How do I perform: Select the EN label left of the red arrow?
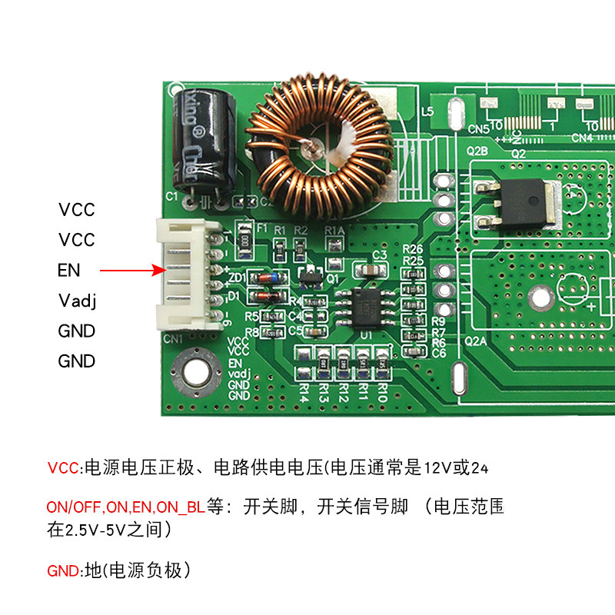point(68,271)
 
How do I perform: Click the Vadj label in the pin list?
point(76,300)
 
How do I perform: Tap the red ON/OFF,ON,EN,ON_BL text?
point(126,508)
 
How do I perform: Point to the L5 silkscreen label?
point(428,112)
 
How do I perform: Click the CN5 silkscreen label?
point(478,128)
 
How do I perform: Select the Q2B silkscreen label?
point(478,151)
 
